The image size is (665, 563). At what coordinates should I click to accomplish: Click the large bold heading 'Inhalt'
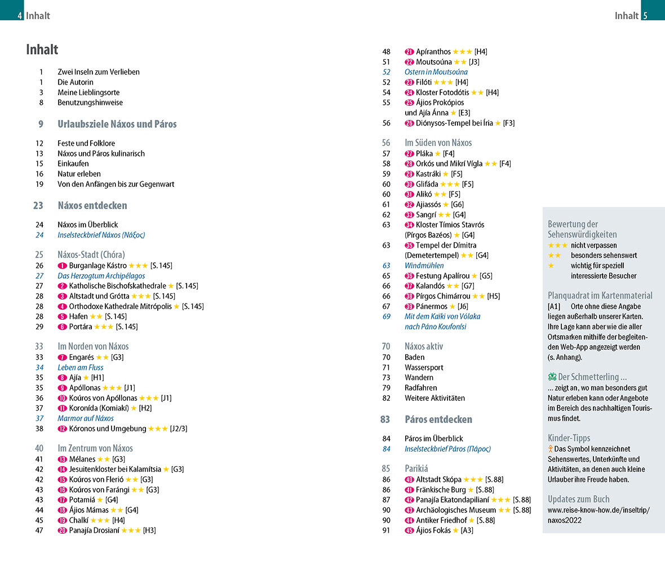[x=42, y=50]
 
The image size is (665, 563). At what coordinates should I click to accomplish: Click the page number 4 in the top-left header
[x=20, y=16]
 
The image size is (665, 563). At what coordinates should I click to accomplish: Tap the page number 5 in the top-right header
[x=645, y=16]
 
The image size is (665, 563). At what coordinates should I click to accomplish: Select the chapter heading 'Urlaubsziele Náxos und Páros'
[x=117, y=124]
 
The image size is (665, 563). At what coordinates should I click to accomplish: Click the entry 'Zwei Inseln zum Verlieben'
[x=98, y=72]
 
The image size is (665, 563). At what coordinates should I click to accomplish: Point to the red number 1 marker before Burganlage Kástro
[x=62, y=266]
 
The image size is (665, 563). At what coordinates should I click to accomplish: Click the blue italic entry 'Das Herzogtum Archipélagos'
[x=101, y=276]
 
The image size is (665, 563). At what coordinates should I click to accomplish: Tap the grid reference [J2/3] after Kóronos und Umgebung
[x=179, y=428]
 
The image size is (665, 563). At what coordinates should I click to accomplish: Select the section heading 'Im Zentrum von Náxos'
[x=95, y=448]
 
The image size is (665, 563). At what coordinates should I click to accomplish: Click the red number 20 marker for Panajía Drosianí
[x=62, y=530]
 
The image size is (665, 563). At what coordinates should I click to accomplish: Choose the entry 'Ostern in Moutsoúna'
[x=436, y=72]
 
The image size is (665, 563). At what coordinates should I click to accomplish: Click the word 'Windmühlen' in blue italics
[x=424, y=265]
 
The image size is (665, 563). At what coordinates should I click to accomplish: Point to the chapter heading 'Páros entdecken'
[x=438, y=419]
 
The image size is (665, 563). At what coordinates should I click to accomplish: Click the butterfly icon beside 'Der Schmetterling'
[x=552, y=377]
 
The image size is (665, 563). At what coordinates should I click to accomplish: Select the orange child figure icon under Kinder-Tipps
[x=550, y=449]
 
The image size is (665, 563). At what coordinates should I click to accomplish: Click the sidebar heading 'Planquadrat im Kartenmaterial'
[x=600, y=296]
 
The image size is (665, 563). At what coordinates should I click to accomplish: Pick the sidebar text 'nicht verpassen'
[x=593, y=245]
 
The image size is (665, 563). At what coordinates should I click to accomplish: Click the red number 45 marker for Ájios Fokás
[x=409, y=530]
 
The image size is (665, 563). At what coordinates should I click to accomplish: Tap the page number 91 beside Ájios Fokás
[x=386, y=530]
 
